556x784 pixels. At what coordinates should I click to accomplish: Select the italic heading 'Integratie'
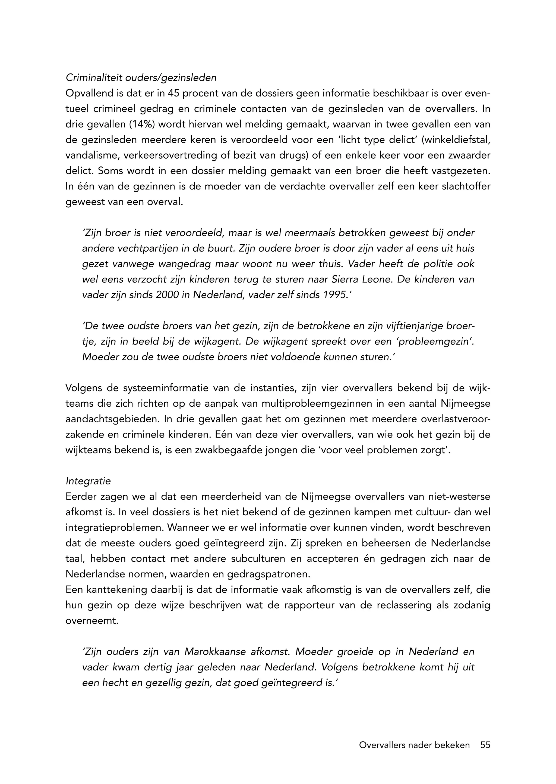88,481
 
